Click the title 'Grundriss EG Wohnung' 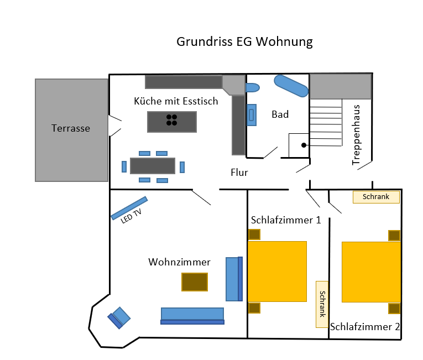244,42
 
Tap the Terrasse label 71,128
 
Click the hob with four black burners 172,121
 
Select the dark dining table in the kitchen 152,166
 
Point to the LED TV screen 129,207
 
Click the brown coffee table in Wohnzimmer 195,282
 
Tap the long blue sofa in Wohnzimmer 192,314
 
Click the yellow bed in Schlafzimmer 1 277,271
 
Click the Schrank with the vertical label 322,304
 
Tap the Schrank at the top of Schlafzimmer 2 376,196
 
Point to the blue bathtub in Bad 291,85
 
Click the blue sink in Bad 252,115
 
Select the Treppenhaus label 357,134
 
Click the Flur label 239,173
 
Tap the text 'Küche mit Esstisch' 176,101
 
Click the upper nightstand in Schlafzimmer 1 254,234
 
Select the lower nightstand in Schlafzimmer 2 394,309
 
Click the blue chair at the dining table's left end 124,166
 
